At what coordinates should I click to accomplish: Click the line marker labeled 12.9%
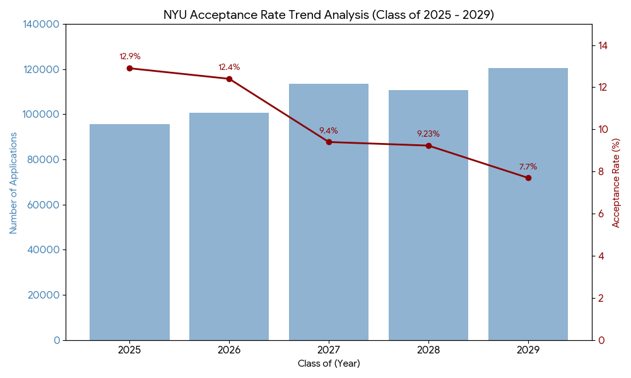[129, 68]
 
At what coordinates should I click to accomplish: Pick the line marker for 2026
[229, 79]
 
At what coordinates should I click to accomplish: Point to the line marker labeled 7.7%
[528, 178]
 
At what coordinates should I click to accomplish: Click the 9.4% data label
[328, 131]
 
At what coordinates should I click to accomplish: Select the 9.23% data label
[428, 134]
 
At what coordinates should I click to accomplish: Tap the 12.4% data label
[229, 67]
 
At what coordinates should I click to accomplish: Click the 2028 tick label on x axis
[428, 350]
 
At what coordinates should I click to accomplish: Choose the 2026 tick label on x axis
[229, 350]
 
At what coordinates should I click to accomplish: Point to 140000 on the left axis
[41, 24]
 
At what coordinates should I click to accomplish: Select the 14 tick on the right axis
[603, 45]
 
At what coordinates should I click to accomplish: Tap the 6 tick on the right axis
[601, 214]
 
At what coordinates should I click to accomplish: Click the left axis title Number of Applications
[14, 183]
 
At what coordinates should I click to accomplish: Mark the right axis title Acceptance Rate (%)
[616, 183]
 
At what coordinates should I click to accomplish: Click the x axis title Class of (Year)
[329, 364]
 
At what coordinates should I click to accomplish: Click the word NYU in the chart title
[176, 14]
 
